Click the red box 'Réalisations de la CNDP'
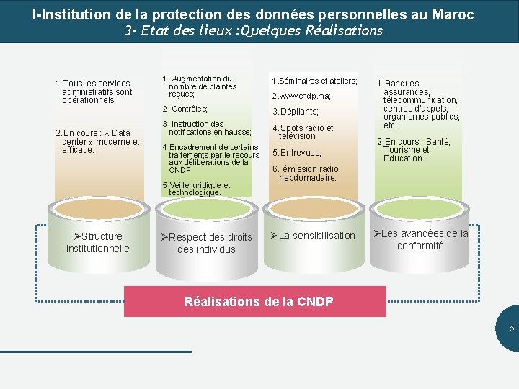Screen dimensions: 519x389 tap(258, 301)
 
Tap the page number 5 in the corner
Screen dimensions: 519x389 tap(512, 328)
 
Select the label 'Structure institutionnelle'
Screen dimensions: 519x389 tap(98, 242)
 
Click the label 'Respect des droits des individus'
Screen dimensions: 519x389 tap(207, 243)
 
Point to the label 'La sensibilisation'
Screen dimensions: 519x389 tap(313, 236)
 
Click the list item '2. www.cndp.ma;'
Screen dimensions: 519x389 tap(301, 96)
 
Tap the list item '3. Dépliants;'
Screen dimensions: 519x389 tap(296, 112)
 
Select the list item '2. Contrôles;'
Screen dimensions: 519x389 tap(185, 109)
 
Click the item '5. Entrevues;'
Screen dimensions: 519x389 tap(297, 153)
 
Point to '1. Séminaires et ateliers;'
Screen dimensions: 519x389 tap(314, 81)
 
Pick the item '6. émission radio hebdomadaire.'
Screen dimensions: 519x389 tap(306, 174)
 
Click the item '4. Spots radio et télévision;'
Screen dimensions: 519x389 tap(303, 132)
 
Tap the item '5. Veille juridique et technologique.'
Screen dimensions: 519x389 tap(196, 189)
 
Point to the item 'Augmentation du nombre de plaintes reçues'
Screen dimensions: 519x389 tap(199, 86)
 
